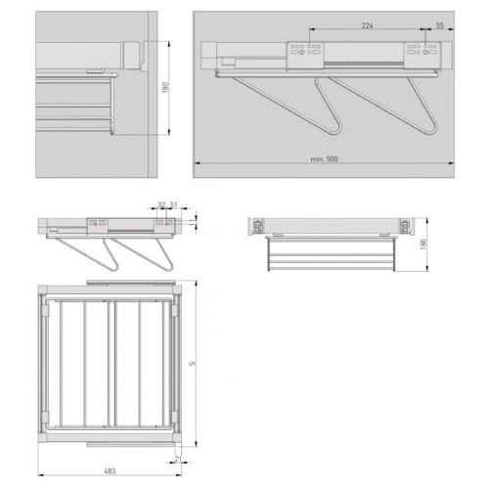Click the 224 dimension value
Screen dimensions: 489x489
pyautogui.click(x=367, y=25)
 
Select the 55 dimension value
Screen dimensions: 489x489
pyautogui.click(x=440, y=25)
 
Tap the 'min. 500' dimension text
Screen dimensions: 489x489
pyautogui.click(x=324, y=159)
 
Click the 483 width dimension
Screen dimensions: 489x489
pyautogui.click(x=110, y=471)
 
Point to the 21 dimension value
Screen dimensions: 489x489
pyautogui.click(x=178, y=459)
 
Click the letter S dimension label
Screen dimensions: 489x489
pyautogui.click(x=192, y=363)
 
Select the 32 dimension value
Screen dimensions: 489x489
pyautogui.click(x=161, y=205)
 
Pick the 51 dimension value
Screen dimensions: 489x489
pyautogui.click(x=173, y=205)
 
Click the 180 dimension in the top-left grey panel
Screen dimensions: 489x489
pyautogui.click(x=165, y=87)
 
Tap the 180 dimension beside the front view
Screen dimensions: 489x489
pyautogui.click(x=423, y=244)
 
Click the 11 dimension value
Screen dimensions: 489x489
pyautogui.click(x=192, y=222)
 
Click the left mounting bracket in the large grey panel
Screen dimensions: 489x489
pyautogui.click(x=305, y=56)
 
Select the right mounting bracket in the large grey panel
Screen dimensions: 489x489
pyautogui.click(x=422, y=55)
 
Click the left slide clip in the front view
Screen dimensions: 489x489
pyautogui.click(x=257, y=226)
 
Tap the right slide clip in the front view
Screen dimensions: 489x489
pyautogui.click(x=406, y=226)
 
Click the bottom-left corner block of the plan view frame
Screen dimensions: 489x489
pyautogui.click(x=43, y=437)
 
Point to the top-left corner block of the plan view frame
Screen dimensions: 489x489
pyautogui.click(x=43, y=289)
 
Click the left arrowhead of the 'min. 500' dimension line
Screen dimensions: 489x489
pyautogui.click(x=197, y=163)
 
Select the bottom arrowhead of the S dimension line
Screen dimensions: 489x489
pyautogui.click(x=196, y=444)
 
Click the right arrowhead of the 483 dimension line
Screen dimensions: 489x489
pyautogui.click(x=179, y=475)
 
